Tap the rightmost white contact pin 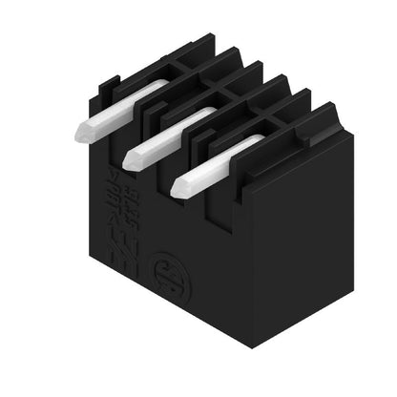[215, 162]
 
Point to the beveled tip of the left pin [82, 133]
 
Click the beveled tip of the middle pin [132, 157]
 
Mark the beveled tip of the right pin [179, 187]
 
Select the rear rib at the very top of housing [205, 43]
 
